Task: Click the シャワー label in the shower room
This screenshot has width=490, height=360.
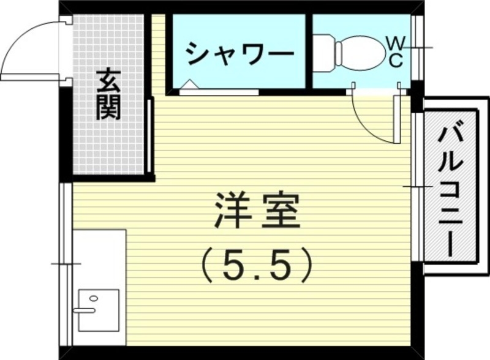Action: pyautogui.click(x=239, y=54)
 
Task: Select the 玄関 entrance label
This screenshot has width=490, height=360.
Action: pyautogui.click(x=109, y=95)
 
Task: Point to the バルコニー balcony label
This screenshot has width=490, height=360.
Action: pyautogui.click(x=450, y=187)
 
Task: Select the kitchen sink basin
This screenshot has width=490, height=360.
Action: pyautogui.click(x=98, y=310)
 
